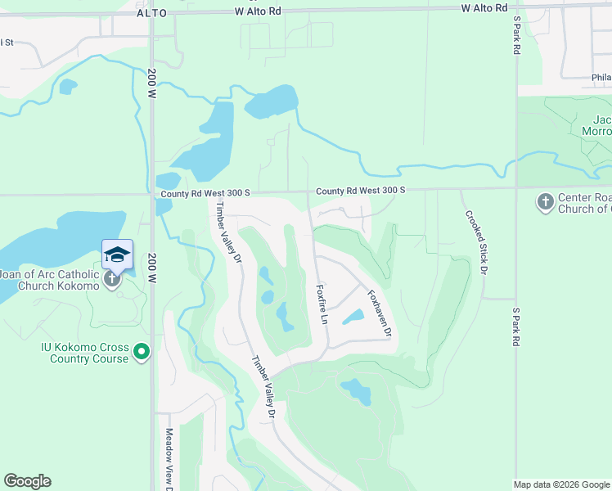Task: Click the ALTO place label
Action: (151, 13)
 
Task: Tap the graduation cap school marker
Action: (117, 255)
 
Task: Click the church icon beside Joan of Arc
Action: (112, 279)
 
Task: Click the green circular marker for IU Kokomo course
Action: (142, 353)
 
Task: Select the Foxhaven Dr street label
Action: (380, 313)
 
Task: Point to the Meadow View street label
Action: (169, 459)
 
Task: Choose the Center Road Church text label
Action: (584, 203)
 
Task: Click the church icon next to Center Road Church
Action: (546, 201)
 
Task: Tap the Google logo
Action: (27, 481)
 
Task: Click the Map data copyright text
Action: (561, 484)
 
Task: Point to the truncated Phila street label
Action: (601, 79)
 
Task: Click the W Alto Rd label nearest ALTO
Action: (258, 11)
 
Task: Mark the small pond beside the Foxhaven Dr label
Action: (353, 316)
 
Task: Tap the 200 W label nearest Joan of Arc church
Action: (152, 268)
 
